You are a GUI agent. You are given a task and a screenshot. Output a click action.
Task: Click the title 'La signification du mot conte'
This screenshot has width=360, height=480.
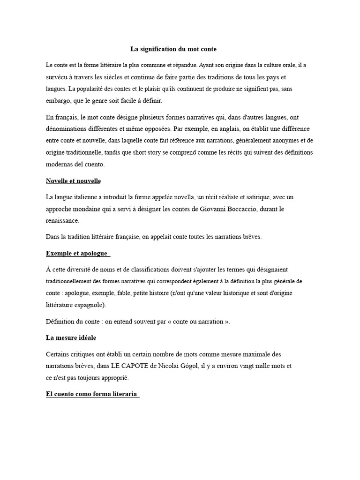(173, 49)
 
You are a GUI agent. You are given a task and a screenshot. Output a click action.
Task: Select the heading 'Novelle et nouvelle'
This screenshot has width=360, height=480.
(73, 181)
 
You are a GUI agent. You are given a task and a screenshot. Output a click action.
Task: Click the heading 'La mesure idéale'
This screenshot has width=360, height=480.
(71, 337)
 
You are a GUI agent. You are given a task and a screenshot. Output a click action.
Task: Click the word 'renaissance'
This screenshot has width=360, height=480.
(63, 220)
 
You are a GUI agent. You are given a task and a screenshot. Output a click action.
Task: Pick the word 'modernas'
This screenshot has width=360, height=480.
(60, 165)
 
